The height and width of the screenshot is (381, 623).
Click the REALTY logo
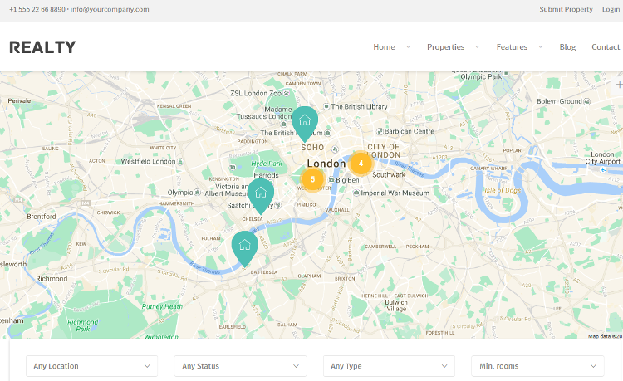point(42,47)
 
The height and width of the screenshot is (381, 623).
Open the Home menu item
point(384,47)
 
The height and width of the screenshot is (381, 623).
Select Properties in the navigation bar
point(445,47)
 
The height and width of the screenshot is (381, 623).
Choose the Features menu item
point(512,47)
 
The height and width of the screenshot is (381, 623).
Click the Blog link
point(567,47)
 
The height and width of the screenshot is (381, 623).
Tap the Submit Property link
point(566,9)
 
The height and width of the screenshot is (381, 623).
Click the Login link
point(611,9)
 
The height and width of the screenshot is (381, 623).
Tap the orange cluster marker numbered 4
point(361,164)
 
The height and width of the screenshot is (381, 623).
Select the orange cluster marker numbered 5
point(312,178)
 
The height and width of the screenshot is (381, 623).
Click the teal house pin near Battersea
point(244,246)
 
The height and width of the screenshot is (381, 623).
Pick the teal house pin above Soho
point(304,121)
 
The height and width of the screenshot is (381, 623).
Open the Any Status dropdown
point(240,366)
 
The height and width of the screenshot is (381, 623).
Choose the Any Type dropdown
point(389,366)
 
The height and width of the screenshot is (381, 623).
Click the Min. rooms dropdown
point(537,366)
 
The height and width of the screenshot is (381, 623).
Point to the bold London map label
point(326,164)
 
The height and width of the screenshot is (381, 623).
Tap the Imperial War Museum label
point(395,193)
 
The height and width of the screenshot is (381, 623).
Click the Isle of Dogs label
point(503,190)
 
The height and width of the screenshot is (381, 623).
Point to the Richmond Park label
point(82,325)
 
